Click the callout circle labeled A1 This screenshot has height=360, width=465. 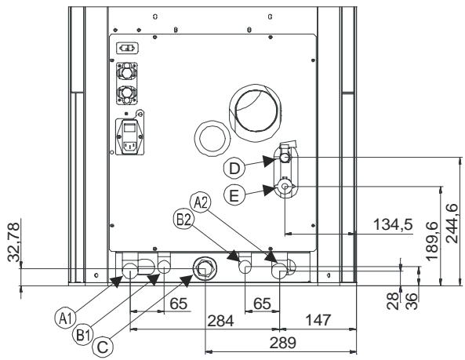66,318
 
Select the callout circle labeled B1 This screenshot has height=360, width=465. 86,334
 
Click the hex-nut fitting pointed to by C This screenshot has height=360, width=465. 206,268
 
